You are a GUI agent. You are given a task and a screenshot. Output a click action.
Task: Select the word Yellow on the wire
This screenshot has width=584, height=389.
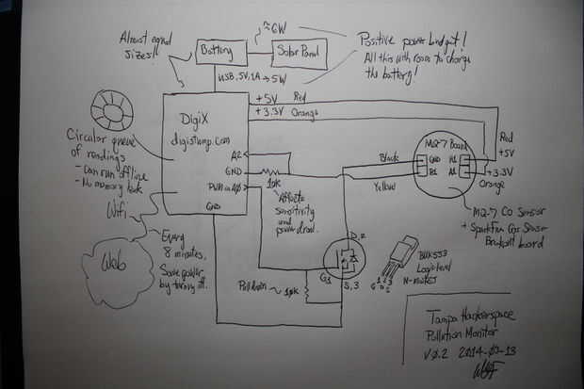[382, 186]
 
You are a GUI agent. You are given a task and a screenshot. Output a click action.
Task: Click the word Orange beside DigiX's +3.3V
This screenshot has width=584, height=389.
[307, 115]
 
